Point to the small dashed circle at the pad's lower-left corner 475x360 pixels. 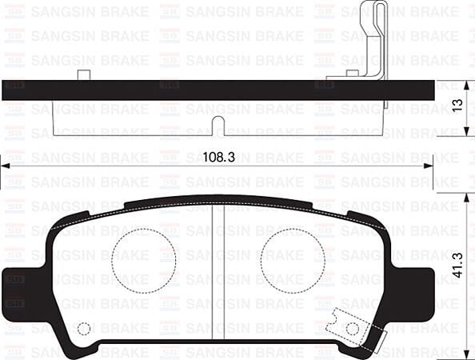[83, 329]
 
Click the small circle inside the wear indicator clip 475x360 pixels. [352, 329]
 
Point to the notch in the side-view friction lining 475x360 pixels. [218, 123]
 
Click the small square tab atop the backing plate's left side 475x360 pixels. [84, 75]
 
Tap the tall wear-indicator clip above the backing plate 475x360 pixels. [374, 36]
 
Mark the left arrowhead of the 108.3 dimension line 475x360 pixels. [5, 166]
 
